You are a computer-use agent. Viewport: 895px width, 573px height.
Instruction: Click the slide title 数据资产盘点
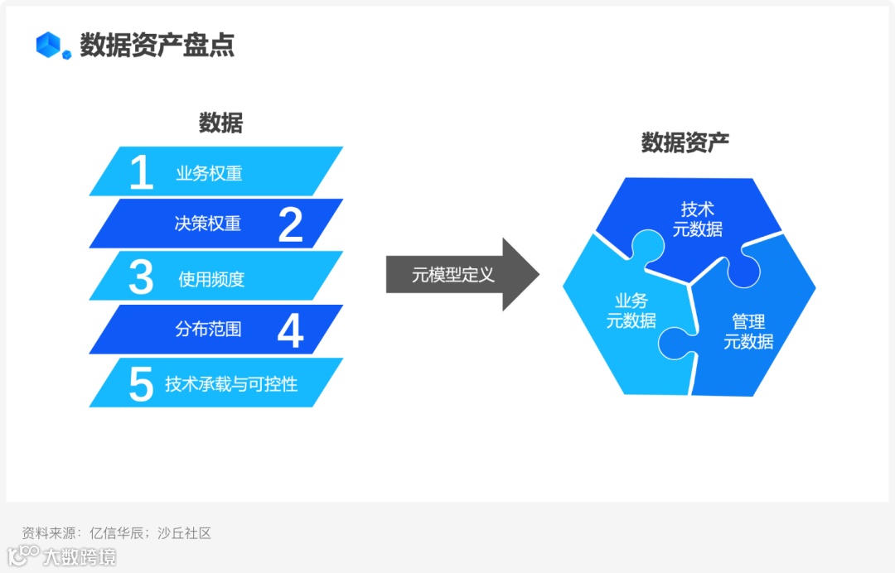157,45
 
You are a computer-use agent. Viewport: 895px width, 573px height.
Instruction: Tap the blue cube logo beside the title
52,46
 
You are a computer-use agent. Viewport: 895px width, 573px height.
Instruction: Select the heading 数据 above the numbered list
220,123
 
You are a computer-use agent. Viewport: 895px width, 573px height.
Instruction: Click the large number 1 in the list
142,173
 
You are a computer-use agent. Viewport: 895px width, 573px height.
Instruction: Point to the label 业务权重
209,174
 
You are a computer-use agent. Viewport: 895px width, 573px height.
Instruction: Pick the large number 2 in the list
290,224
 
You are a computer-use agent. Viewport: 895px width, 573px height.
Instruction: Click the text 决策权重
208,224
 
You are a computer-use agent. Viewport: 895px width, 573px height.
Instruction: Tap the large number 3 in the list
141,277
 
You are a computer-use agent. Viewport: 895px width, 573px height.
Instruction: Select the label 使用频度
211,279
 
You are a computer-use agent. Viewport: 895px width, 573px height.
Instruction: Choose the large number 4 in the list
290,330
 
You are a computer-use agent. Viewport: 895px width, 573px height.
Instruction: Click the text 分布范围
208,329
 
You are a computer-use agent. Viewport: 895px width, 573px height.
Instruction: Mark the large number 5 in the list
141,383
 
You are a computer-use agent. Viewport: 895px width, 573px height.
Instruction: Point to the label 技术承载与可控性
231,383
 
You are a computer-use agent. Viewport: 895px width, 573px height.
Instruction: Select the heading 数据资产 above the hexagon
685,142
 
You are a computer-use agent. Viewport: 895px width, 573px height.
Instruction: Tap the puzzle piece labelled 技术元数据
696,219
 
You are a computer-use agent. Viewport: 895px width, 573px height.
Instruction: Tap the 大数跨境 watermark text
80,556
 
